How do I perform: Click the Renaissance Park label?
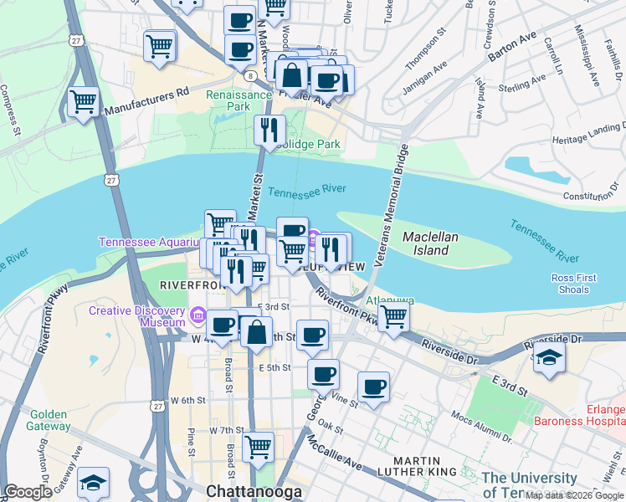(239, 100)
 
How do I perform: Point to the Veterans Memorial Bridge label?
(392, 205)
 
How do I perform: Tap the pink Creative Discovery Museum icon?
(198, 315)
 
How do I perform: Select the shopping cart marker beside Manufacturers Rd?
(83, 104)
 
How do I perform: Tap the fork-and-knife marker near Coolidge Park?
(269, 130)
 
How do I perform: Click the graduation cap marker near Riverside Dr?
(549, 357)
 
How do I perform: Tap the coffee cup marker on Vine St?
(373, 387)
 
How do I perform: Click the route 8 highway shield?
(251, 76)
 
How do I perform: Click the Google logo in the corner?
(28, 492)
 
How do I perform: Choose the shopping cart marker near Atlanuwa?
(393, 317)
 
